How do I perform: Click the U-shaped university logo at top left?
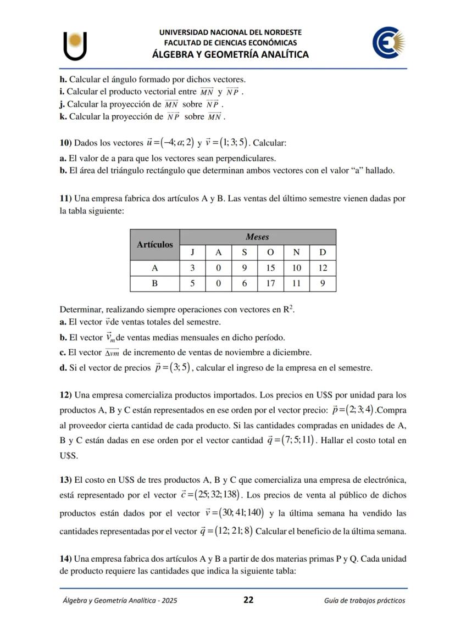click(x=75, y=45)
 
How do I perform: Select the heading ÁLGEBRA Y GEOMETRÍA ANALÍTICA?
click(x=230, y=54)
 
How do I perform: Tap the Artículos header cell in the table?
click(x=155, y=244)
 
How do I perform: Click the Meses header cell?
click(x=257, y=237)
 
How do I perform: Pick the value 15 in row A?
click(x=270, y=268)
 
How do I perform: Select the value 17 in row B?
click(x=270, y=283)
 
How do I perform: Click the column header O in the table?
click(x=270, y=253)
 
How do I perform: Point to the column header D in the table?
click(x=323, y=253)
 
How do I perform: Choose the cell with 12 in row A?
click(x=323, y=268)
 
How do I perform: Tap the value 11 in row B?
click(x=296, y=283)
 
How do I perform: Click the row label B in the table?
click(x=155, y=283)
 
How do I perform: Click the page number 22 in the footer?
click(x=248, y=600)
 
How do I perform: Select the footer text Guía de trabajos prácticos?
click(x=364, y=600)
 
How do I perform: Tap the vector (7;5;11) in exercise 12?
click(x=297, y=440)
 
